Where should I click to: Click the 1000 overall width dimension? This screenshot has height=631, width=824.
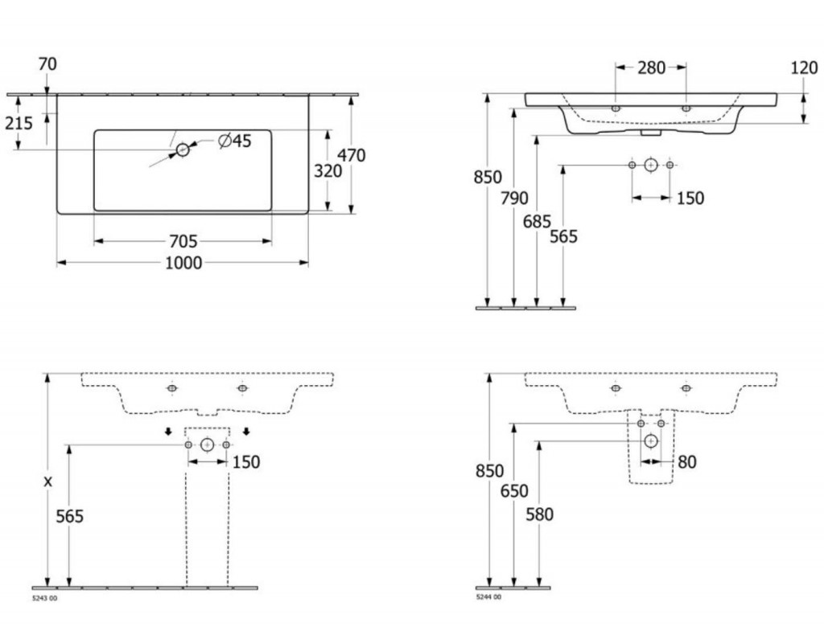tap(183, 263)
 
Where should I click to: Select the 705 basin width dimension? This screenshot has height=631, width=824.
tap(183, 241)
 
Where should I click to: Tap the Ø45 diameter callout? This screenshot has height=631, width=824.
tap(235, 141)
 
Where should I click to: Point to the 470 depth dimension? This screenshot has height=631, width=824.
tap(352, 155)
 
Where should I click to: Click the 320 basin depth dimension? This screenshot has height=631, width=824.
tap(328, 170)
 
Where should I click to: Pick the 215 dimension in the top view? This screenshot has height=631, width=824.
tap(19, 123)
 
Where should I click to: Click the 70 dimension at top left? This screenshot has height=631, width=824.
tap(47, 64)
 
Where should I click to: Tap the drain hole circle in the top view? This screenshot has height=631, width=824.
tap(183, 150)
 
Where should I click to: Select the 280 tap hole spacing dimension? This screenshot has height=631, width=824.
tap(652, 68)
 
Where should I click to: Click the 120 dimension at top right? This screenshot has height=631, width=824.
tap(805, 68)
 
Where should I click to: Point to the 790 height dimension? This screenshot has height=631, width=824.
tap(514, 199)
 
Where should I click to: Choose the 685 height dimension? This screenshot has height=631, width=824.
tap(537, 222)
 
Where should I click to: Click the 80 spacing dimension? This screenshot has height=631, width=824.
tap(687, 462)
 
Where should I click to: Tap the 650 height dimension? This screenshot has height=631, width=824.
tap(514, 491)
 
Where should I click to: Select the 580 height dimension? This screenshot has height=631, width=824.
tap(540, 514)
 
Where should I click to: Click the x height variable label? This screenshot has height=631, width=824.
tap(47, 481)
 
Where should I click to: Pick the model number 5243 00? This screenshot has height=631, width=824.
tap(45, 598)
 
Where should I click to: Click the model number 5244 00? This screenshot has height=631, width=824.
tap(488, 597)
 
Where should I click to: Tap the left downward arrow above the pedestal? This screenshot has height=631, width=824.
tap(168, 432)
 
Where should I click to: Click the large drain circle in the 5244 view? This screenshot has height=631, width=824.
tap(651, 441)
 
